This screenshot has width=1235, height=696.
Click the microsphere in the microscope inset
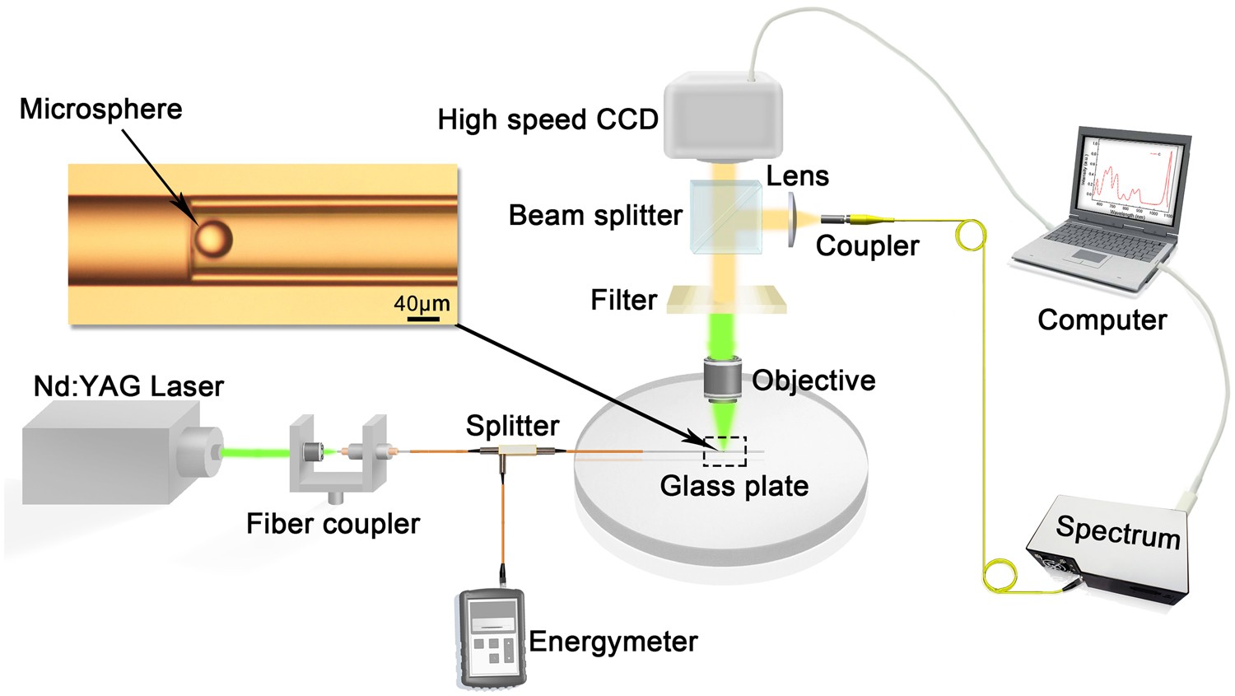point(213,239)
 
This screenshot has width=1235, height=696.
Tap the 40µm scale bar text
point(422,304)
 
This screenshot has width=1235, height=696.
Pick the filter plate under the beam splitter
point(725,299)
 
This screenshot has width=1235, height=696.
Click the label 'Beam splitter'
point(595,216)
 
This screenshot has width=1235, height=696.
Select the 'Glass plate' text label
point(734,486)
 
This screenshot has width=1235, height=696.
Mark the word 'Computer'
point(1102,320)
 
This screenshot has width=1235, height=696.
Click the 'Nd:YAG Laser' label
point(128,386)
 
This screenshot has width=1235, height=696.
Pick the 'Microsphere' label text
point(100,109)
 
